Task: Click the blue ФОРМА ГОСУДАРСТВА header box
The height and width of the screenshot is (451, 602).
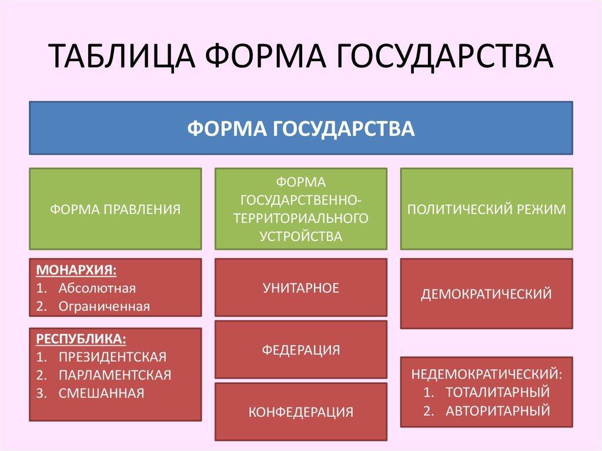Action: [301, 128]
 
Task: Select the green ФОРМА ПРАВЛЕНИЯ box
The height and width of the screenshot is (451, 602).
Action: [115, 209]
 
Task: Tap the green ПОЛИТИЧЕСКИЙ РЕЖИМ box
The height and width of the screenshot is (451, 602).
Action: [486, 209]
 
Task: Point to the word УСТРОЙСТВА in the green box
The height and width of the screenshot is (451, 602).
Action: [301, 236]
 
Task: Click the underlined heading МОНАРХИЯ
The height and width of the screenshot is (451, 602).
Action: [76, 270]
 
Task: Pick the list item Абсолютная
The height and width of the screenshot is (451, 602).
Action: [97, 288]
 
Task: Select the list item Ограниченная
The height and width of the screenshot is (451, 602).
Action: [104, 306]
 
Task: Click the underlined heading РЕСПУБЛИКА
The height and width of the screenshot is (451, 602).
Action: [81, 339]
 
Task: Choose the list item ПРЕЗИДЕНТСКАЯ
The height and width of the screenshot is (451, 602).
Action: [112, 357]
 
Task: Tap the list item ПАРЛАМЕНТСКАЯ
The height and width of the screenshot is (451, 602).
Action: [115, 375]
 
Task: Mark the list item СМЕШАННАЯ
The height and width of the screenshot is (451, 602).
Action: [101, 393]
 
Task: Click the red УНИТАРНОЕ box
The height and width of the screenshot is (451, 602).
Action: [301, 288]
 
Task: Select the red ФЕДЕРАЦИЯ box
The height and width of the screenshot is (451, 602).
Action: [301, 350]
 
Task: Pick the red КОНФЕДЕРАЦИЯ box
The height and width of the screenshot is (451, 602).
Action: [301, 412]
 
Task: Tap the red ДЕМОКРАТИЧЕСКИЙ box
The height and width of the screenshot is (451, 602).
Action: [486, 293]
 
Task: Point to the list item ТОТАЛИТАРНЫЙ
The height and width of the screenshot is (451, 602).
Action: [497, 392]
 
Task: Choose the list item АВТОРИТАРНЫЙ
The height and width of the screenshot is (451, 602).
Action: [497, 410]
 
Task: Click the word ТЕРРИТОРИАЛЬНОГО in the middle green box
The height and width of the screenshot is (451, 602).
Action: [301, 218]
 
